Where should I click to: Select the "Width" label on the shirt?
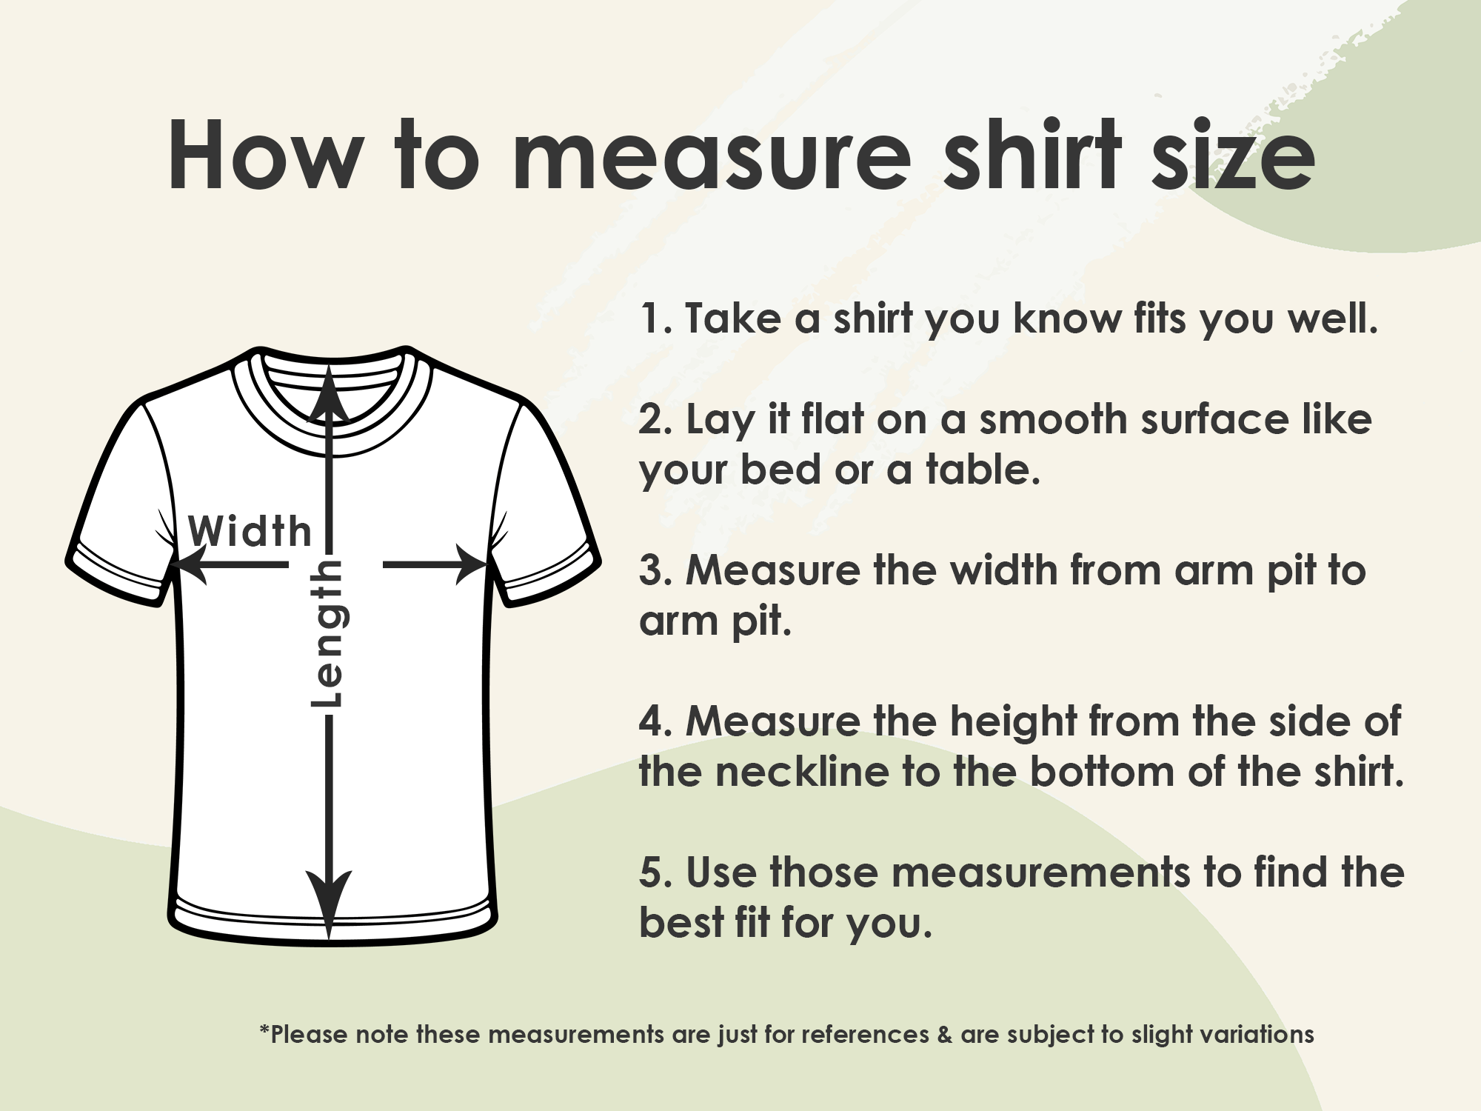pos(250,532)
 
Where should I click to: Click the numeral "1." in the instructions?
pos(655,319)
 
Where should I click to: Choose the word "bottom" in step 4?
pos(1103,772)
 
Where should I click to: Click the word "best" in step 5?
pos(681,923)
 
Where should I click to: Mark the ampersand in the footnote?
pos(944,1035)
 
